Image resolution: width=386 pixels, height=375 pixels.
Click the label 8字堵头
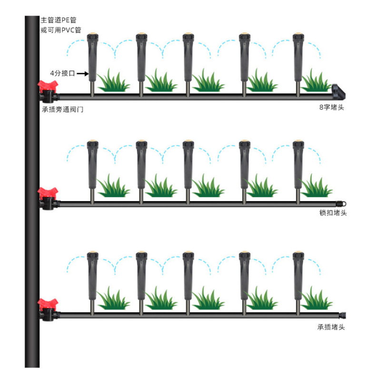pos(331,107)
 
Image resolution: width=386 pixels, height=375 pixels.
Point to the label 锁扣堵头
pos(333,212)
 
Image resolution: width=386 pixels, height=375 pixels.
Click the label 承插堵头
pos(331,327)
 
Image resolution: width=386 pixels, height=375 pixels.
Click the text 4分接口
pos(62,74)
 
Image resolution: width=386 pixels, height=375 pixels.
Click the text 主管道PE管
pos(58,20)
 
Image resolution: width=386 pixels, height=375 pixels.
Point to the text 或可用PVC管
pos(60,30)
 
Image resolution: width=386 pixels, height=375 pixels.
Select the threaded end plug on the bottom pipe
pos(342,314)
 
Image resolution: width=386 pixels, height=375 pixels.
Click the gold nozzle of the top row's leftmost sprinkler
pos(92,36)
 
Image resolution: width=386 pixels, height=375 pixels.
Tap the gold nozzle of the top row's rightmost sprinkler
pos(298,36)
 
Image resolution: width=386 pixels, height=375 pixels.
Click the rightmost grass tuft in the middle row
pos(316,187)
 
